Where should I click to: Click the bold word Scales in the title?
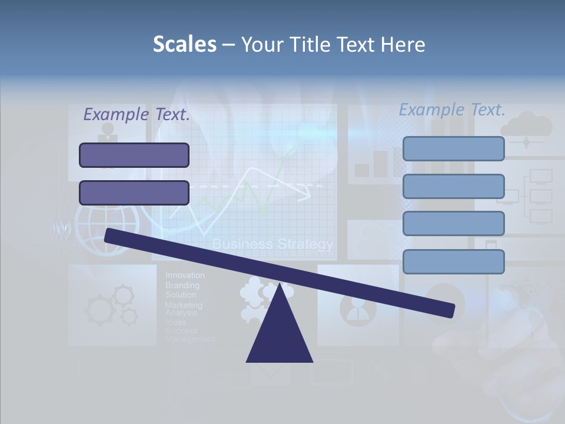point(184,44)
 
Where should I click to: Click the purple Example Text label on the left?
point(137,115)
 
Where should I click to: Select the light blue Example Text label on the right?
point(452,110)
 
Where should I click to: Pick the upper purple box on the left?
point(134,155)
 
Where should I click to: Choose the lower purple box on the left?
point(134,193)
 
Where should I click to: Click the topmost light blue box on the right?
point(453,148)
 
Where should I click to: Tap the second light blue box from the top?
point(453,186)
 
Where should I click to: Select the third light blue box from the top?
point(453,224)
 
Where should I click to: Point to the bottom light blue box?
point(453,261)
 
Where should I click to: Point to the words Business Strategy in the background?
point(272,244)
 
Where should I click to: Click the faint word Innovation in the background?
point(185,275)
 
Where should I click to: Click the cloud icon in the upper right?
point(526,125)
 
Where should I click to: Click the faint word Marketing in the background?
point(183,305)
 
